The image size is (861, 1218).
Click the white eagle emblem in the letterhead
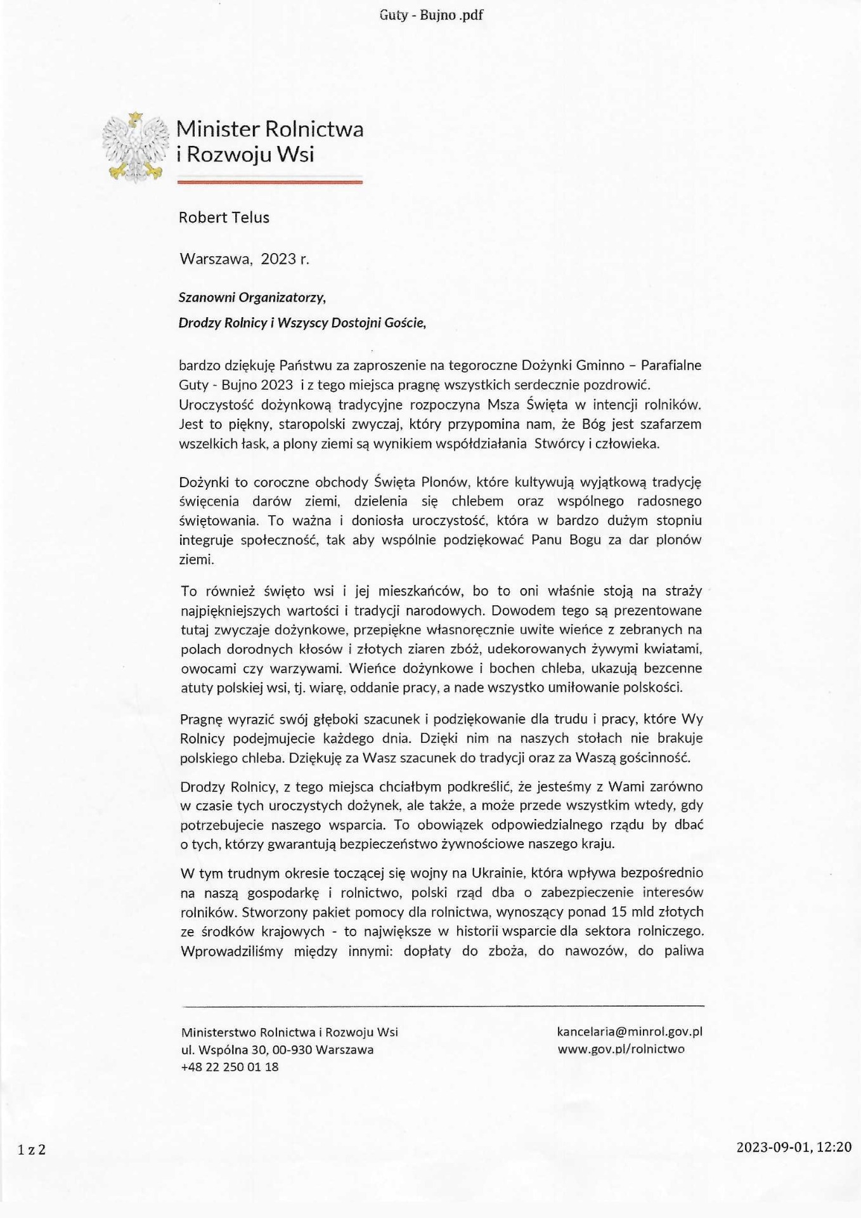click(136, 147)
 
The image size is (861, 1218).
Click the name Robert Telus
click(224, 218)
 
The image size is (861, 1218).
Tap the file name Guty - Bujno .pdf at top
click(431, 15)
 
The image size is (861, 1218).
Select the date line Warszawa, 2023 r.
click(245, 259)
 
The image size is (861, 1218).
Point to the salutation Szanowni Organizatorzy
click(252, 297)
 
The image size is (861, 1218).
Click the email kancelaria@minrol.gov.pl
click(630, 1031)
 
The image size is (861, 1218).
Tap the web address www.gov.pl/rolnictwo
click(621, 1049)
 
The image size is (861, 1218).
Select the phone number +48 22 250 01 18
click(230, 1067)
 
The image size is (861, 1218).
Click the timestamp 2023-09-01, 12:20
click(794, 1147)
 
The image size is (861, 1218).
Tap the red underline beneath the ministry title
click(269, 182)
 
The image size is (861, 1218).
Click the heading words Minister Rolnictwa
click(269, 129)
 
